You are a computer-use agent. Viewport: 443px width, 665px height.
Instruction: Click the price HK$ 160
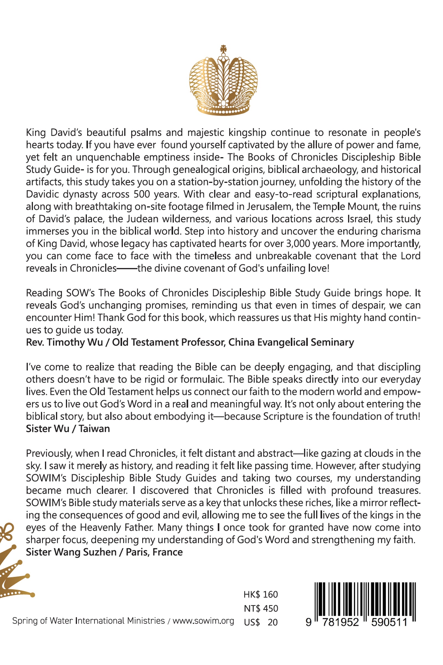click(261, 595)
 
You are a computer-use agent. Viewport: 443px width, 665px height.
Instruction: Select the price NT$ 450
click(261, 608)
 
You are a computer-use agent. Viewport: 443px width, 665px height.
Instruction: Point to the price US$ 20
click(261, 622)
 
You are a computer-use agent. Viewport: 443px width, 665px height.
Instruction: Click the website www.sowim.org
click(203, 621)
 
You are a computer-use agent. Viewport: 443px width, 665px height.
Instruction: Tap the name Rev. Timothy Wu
click(64, 342)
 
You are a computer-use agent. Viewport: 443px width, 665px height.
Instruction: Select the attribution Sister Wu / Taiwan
click(68, 429)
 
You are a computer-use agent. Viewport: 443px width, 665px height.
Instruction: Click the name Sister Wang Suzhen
click(71, 552)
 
